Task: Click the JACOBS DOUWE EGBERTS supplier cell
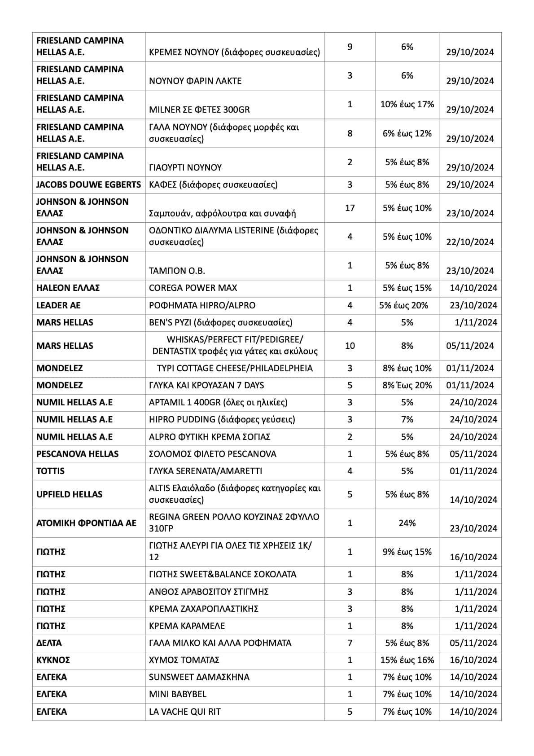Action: (88, 185)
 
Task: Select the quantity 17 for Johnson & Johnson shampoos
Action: (350, 208)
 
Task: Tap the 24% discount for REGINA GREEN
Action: (407, 523)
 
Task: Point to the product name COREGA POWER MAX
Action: (193, 288)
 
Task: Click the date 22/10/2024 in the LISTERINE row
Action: (470, 242)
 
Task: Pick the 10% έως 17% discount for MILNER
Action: (407, 104)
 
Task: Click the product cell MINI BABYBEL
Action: (178, 694)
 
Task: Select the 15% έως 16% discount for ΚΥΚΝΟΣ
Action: (407, 660)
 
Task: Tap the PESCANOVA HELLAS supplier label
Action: (77, 454)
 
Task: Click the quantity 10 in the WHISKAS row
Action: (350, 346)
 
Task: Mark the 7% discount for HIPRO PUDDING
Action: (407, 419)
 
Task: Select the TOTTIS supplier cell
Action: (50, 471)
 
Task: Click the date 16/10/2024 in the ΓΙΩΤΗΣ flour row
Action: (473, 557)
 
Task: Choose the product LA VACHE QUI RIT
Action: (185, 712)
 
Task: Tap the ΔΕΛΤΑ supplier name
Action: (49, 643)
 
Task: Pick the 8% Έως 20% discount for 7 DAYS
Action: (407, 385)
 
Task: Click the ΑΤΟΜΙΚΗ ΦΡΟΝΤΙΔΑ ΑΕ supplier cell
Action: (86, 523)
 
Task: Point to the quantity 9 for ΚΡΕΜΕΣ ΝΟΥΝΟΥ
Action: (350, 47)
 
